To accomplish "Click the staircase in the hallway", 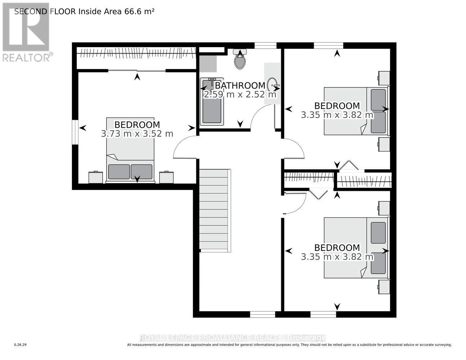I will pyautogui.click(x=214, y=211).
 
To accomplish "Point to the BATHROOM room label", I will pyautogui.click(x=240, y=86).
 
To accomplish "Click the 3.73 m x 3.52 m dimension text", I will pyautogui.click(x=137, y=134).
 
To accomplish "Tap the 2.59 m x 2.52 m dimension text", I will pyautogui.click(x=240, y=95).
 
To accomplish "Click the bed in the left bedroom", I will pyautogui.click(x=130, y=149).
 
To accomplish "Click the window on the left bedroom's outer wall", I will pyautogui.click(x=75, y=132).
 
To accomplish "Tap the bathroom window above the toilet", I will pyautogui.click(x=265, y=45).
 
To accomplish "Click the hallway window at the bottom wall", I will pyautogui.click(x=263, y=315).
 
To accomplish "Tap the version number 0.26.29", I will pyautogui.click(x=21, y=345).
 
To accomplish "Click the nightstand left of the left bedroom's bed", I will pyautogui.click(x=95, y=177).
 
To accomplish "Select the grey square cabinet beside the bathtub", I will pyautogui.click(x=208, y=64).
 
